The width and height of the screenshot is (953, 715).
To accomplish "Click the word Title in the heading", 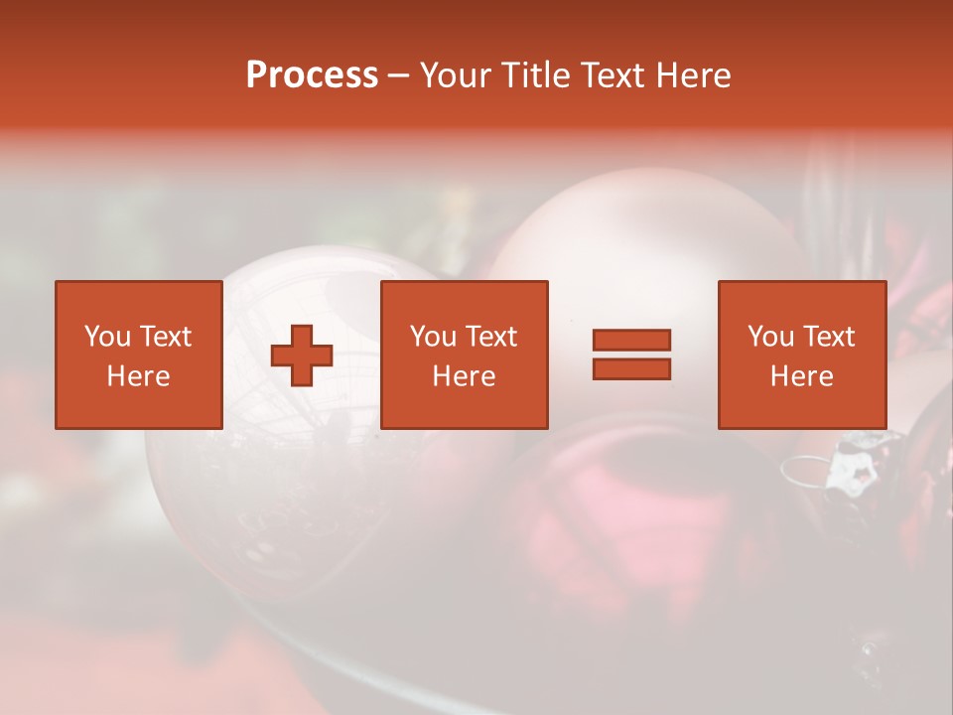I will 536,76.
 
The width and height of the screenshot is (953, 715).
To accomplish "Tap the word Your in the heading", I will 458,76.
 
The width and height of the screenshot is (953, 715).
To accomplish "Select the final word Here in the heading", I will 694,76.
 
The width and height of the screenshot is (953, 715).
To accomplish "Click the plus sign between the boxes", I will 302,356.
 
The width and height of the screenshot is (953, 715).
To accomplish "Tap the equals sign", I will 631,355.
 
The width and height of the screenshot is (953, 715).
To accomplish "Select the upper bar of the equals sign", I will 631,340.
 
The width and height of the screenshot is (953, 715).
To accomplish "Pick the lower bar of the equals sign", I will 631,369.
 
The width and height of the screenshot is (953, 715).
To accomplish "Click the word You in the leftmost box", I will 107,337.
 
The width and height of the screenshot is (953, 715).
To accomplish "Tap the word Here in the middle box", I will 464,376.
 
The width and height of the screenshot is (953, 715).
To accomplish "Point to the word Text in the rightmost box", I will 828,337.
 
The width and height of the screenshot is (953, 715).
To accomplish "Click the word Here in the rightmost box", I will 801,376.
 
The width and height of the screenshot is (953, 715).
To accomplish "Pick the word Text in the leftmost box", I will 165,337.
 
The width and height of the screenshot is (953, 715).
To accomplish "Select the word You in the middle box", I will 433,337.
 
